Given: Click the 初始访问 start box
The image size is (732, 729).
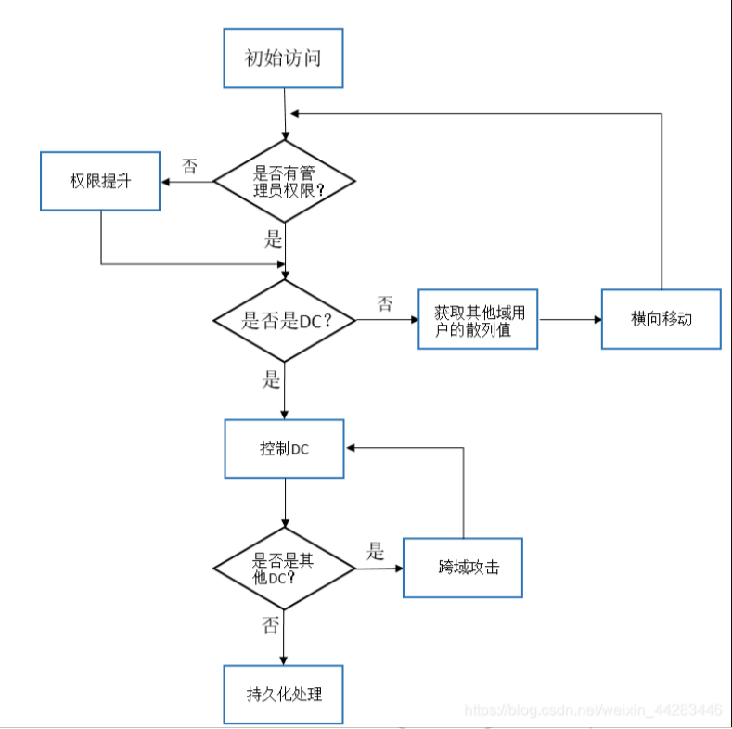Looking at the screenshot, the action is click(283, 58).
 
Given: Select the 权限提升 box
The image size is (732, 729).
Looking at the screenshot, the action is click(100, 181).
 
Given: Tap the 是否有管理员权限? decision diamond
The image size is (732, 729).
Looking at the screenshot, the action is click(284, 181).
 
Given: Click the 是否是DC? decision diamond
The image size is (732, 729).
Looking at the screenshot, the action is click(284, 321).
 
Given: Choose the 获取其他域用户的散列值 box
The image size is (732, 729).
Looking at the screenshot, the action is click(478, 319).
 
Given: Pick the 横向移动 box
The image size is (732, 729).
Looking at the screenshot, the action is click(661, 319).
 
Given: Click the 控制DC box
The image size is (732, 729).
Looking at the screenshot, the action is click(284, 449).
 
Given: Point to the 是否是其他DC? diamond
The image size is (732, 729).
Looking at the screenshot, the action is click(284, 569).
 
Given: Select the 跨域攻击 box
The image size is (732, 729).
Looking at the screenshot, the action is click(463, 568).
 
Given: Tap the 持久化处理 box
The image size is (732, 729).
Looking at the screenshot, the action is click(283, 695).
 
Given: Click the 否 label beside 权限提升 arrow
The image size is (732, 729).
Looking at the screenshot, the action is click(189, 166).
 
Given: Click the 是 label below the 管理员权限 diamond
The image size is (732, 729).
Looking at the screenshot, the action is click(273, 239).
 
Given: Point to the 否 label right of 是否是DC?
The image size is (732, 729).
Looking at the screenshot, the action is click(385, 304).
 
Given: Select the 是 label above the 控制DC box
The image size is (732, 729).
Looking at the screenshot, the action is click(271, 379).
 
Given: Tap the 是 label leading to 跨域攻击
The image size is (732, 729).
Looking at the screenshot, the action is click(375, 551).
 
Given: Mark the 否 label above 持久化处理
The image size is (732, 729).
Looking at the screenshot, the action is click(270, 625).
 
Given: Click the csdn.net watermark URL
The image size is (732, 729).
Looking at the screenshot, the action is click(594, 710).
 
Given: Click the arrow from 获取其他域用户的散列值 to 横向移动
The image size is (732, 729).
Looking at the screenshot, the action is click(571, 320).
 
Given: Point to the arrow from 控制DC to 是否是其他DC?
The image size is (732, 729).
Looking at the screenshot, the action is click(285, 503).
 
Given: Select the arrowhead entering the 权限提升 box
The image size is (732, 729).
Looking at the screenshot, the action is click(165, 182).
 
